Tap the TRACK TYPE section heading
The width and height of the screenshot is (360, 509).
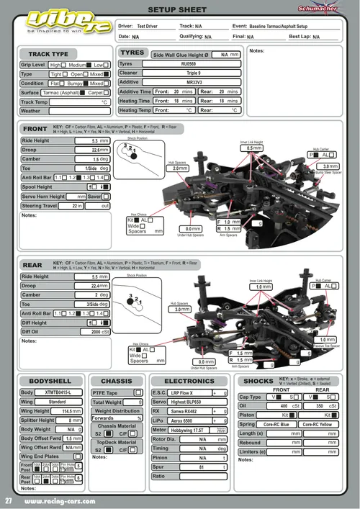pyautogui.click(x=48, y=54)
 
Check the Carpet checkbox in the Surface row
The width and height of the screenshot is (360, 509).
pyautogui.click(x=107, y=92)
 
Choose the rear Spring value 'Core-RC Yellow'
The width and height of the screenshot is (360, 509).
pyautogui.click(x=316, y=424)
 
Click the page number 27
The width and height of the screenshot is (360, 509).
pyautogui.click(x=9, y=500)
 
